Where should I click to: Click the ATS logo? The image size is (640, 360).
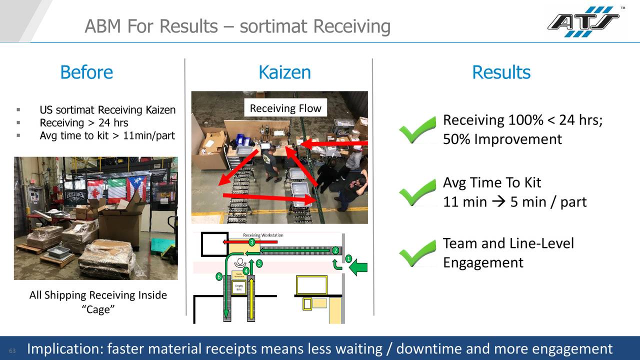click(x=583, y=22)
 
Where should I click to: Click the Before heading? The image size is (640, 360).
click(x=86, y=72)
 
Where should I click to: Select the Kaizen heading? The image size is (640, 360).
click(x=284, y=72)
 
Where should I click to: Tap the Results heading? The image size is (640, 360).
click(x=501, y=72)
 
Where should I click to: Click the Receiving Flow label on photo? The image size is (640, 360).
click(x=285, y=108)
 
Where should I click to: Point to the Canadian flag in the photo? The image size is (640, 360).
click(x=94, y=189)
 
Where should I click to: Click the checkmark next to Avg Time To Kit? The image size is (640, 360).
click(x=417, y=192)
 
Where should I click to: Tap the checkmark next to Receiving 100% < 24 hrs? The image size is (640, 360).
click(x=417, y=129)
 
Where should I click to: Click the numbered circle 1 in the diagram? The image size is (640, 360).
click(x=348, y=258)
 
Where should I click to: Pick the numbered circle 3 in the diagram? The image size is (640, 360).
click(x=252, y=242)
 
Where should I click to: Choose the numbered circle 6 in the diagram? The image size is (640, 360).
click(x=218, y=276)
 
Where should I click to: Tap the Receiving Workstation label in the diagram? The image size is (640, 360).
click(x=263, y=235)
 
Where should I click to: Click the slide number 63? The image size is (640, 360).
click(x=12, y=350)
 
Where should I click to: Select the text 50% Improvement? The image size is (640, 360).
click(x=502, y=139)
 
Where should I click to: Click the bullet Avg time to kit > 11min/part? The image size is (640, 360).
click(x=107, y=135)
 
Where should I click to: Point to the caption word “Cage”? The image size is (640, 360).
click(x=98, y=309)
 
